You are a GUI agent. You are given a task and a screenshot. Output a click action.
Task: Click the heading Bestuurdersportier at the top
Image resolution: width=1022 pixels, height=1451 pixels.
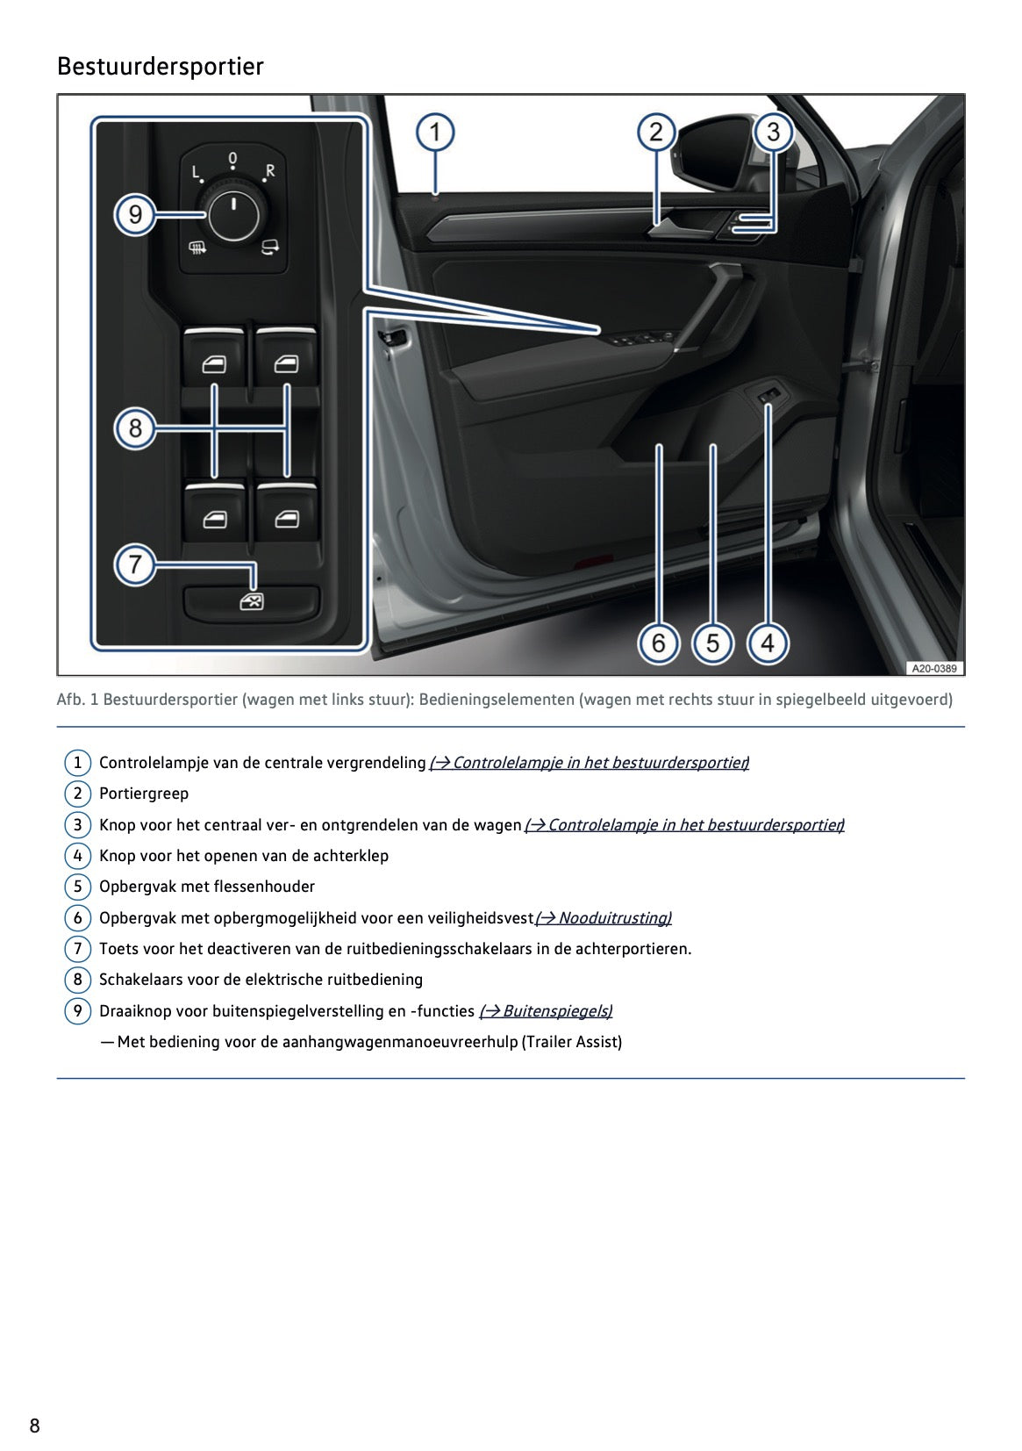[x=160, y=67]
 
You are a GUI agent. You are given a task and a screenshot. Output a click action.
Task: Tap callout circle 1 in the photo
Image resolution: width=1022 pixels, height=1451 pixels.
[x=434, y=133]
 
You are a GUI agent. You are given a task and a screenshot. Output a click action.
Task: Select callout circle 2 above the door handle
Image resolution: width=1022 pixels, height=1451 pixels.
[x=656, y=133]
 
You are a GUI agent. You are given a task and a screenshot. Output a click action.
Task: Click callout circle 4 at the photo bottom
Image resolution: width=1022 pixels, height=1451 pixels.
[x=767, y=643]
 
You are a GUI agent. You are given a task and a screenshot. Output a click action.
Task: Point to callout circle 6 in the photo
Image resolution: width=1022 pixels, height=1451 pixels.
[x=658, y=643]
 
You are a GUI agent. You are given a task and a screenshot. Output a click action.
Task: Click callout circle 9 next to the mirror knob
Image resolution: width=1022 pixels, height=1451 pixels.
[x=135, y=214]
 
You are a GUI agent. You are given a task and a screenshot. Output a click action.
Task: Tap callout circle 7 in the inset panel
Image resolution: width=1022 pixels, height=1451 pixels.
[x=135, y=564]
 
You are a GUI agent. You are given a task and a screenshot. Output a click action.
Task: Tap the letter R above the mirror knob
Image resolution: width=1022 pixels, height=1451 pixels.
[x=270, y=171]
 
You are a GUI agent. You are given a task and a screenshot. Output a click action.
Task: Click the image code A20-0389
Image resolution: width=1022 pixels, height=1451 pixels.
[x=933, y=669]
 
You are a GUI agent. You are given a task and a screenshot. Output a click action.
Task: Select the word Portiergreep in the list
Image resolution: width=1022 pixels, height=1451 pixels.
[x=144, y=794]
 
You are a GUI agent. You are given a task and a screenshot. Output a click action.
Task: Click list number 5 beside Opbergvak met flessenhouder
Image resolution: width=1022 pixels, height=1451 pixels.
[x=77, y=887]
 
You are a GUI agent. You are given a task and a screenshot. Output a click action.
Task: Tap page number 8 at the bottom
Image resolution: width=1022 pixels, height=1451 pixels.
[x=35, y=1426]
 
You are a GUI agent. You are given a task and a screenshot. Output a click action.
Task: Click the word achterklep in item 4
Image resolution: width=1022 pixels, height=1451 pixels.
[x=351, y=856]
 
